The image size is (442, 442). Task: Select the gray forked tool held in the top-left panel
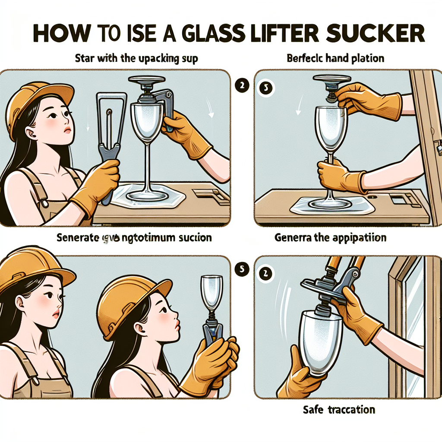pos(106,142)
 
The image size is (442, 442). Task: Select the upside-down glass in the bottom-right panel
pos(321,341)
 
